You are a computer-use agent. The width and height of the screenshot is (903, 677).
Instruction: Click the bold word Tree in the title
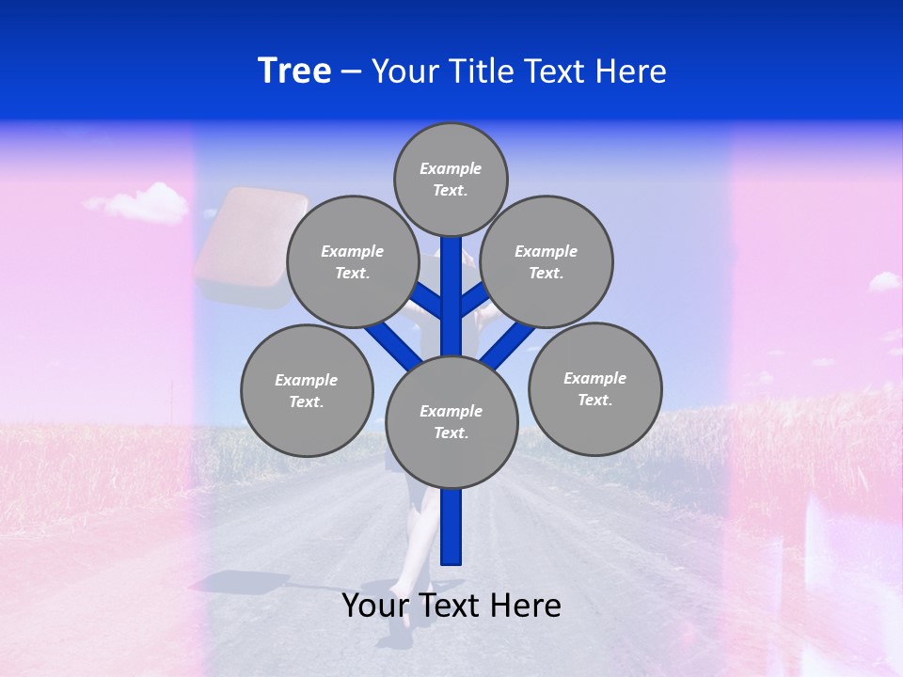tap(294, 71)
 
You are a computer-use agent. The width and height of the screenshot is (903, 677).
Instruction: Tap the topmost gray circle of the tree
tap(451, 179)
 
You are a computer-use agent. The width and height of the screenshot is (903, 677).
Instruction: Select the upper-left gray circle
tap(352, 261)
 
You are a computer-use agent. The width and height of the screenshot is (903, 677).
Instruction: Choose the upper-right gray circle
tap(547, 261)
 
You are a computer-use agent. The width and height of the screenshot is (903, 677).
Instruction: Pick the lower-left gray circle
tap(307, 390)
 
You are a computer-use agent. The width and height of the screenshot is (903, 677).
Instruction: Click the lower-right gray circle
tap(594, 388)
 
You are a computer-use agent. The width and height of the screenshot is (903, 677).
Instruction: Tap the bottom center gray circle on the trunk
tap(451, 421)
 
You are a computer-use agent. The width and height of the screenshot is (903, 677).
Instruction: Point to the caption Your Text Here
tap(451, 606)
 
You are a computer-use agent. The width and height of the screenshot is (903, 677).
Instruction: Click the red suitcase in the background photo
tap(251, 246)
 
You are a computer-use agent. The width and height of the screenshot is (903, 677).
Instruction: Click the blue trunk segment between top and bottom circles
tap(451, 301)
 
